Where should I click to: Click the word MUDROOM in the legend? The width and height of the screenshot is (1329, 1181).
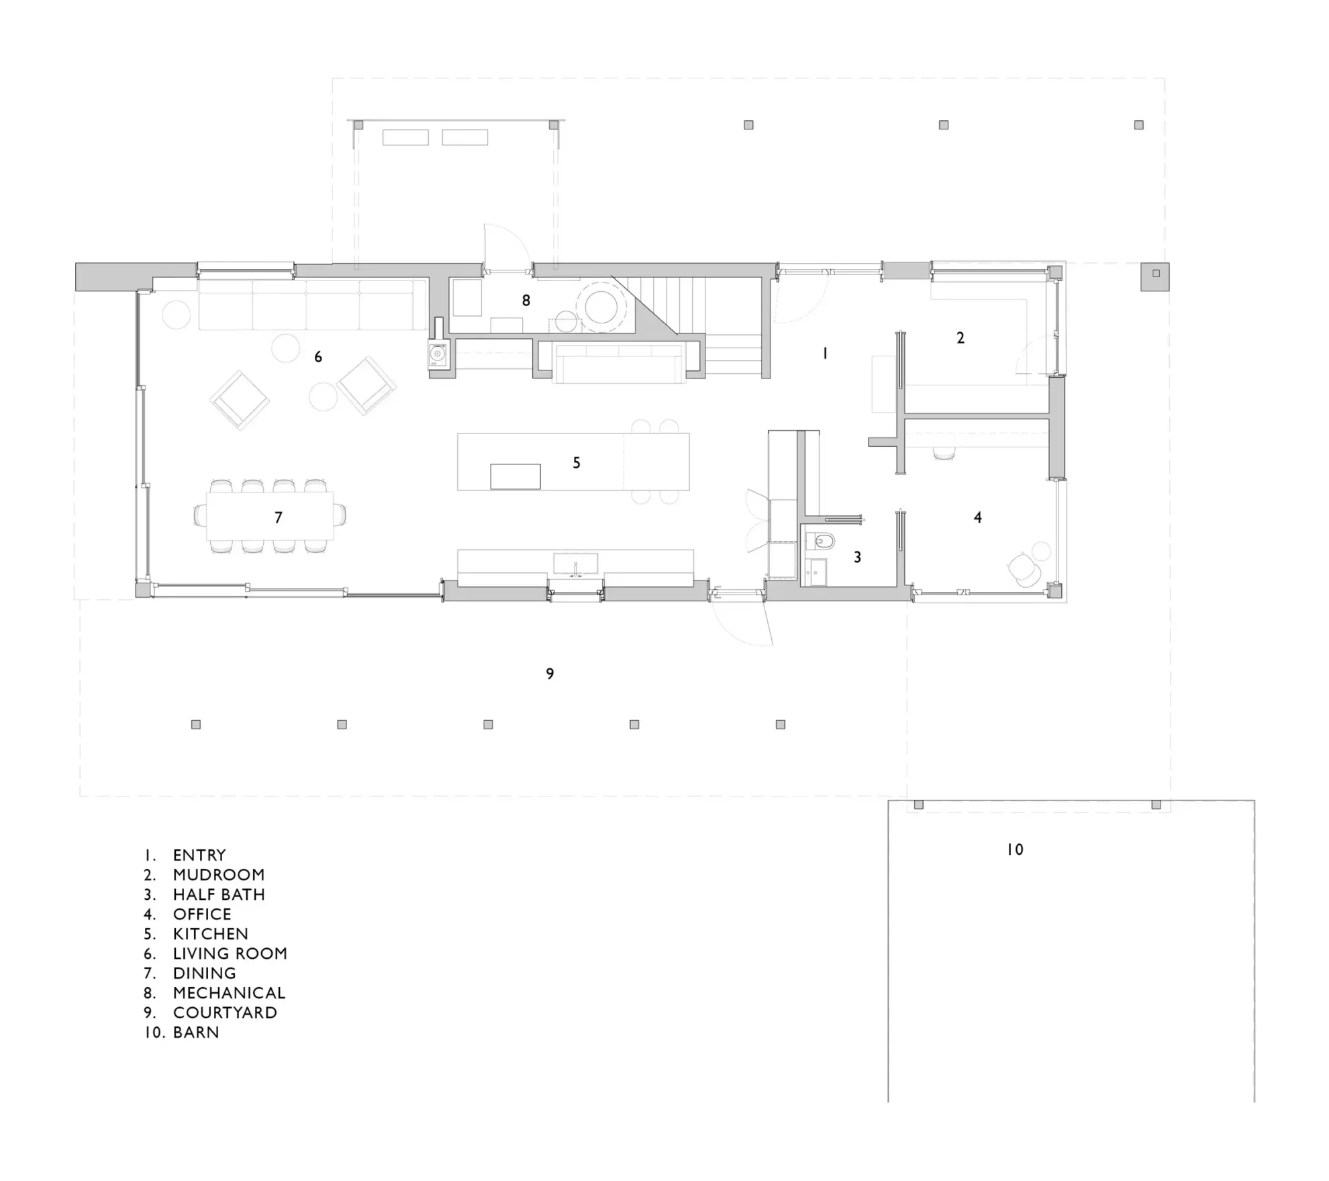[219, 875]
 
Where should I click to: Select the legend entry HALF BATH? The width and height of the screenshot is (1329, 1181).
[219, 894]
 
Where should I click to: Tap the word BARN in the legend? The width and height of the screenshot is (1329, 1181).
[196, 1032]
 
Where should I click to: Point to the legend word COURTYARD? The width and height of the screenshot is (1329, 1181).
[225, 1013]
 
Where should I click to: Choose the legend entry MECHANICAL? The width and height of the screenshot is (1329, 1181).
[229, 992]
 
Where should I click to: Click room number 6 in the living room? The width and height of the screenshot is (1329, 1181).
[318, 357]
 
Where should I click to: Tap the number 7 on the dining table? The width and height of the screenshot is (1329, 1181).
[278, 517]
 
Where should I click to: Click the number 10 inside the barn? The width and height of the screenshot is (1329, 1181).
[1015, 850]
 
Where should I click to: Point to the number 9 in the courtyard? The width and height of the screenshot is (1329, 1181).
[550, 674]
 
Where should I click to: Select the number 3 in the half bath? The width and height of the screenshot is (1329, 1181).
[857, 557]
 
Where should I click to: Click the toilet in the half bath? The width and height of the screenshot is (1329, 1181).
[820, 541]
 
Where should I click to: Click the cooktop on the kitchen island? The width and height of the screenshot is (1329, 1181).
[515, 476]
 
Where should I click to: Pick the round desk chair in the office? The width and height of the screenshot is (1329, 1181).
[1024, 570]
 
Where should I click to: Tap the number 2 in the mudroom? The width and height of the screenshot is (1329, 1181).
[961, 338]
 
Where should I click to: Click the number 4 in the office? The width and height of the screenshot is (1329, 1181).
[977, 517]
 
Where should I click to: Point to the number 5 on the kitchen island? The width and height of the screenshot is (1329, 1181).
[576, 463]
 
